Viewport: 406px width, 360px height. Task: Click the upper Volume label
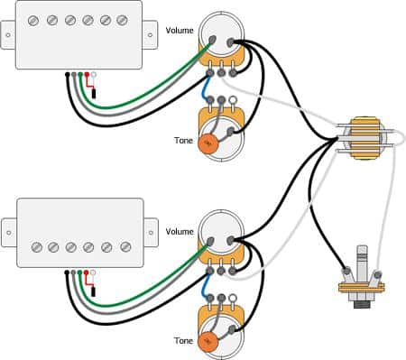point(179,32)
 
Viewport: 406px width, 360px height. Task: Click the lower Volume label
point(179,232)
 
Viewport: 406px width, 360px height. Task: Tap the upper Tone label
point(183,140)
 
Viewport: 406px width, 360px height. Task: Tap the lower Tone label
point(183,341)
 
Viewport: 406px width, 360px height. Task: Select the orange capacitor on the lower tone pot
point(208,342)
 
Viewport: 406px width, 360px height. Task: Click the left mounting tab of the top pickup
point(8,35)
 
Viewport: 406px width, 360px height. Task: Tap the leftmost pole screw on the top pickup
point(37,20)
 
